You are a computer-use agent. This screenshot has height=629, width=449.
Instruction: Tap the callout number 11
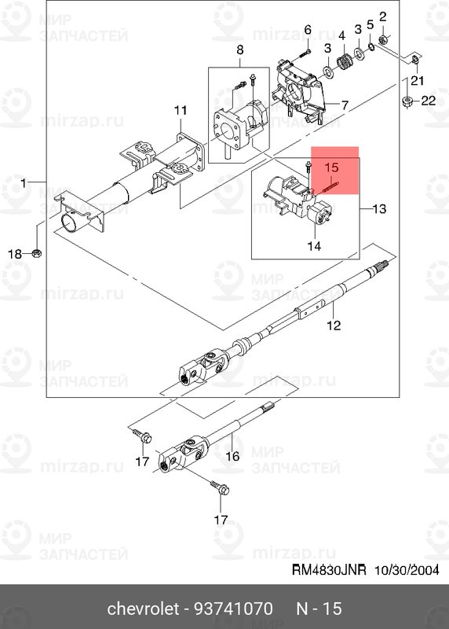click(181, 109)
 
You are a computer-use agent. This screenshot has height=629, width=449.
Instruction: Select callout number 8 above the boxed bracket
click(240, 51)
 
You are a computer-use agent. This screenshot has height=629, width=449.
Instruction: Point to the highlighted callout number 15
click(331, 167)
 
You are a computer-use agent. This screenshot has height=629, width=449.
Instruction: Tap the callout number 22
click(428, 100)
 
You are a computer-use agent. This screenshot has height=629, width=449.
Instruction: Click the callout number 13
click(380, 209)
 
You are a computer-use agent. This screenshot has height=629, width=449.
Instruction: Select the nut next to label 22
click(408, 100)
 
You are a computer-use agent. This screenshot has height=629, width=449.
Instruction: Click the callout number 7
click(345, 104)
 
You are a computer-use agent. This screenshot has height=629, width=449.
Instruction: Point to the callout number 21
click(416, 79)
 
